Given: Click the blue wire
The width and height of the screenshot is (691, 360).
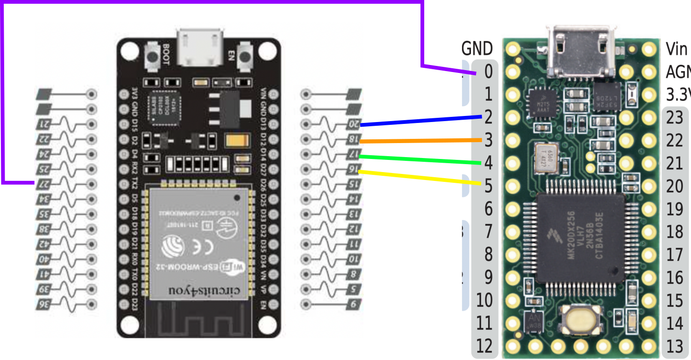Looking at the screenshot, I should tap(420, 121).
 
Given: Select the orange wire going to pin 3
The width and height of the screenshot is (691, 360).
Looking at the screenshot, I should tap(420, 140).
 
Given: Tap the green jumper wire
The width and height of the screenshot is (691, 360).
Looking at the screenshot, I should tap(420, 159).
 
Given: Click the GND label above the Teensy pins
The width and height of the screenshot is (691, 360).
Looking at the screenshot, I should tap(477, 49).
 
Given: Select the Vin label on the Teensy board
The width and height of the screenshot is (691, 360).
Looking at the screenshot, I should tap(676, 49).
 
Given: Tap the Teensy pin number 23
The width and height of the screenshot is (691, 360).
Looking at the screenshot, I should tap(675, 118).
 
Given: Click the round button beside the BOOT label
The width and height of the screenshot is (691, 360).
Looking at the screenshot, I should tap(152, 57).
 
